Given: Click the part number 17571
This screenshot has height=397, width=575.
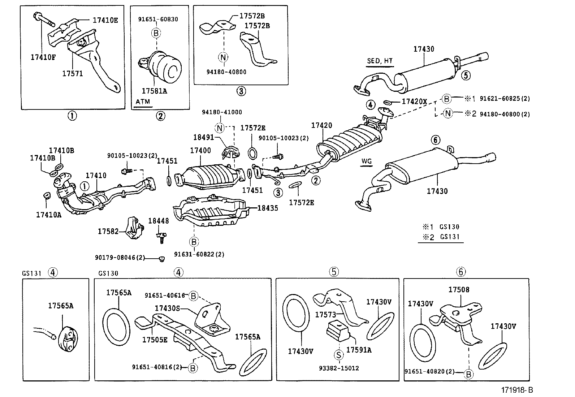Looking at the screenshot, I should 72,73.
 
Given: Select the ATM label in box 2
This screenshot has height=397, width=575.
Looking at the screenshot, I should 142,102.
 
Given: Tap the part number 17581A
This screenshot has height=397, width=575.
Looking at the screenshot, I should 154,91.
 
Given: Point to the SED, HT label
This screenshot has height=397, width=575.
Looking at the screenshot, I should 380,61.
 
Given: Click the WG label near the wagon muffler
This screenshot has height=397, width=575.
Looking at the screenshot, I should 366,161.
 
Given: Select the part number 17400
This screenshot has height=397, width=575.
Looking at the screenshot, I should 200,150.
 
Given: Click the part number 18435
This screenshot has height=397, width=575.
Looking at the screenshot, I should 268,208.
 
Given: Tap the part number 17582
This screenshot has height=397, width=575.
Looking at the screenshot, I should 108,231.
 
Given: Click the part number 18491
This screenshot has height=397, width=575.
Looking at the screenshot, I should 204,137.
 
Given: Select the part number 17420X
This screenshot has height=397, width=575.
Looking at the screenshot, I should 414,102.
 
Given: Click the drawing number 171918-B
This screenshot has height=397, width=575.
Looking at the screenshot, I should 517,390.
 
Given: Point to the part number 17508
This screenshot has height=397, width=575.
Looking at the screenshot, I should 459,290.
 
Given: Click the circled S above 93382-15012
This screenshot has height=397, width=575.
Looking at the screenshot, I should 338,355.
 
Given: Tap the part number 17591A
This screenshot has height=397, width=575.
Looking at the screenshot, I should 359,350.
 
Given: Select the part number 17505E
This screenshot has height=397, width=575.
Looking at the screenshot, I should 155,340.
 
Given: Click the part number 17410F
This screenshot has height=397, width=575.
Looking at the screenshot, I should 43,57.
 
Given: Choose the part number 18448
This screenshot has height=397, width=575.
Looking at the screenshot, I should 159,221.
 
